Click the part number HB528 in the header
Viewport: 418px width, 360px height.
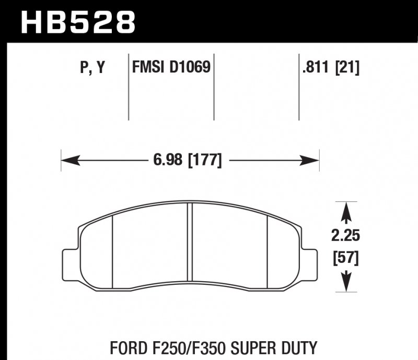tap(77, 22)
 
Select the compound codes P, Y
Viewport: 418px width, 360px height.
tap(93, 67)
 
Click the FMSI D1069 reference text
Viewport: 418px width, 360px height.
tap(171, 67)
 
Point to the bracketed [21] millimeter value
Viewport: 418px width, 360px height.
tap(347, 67)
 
